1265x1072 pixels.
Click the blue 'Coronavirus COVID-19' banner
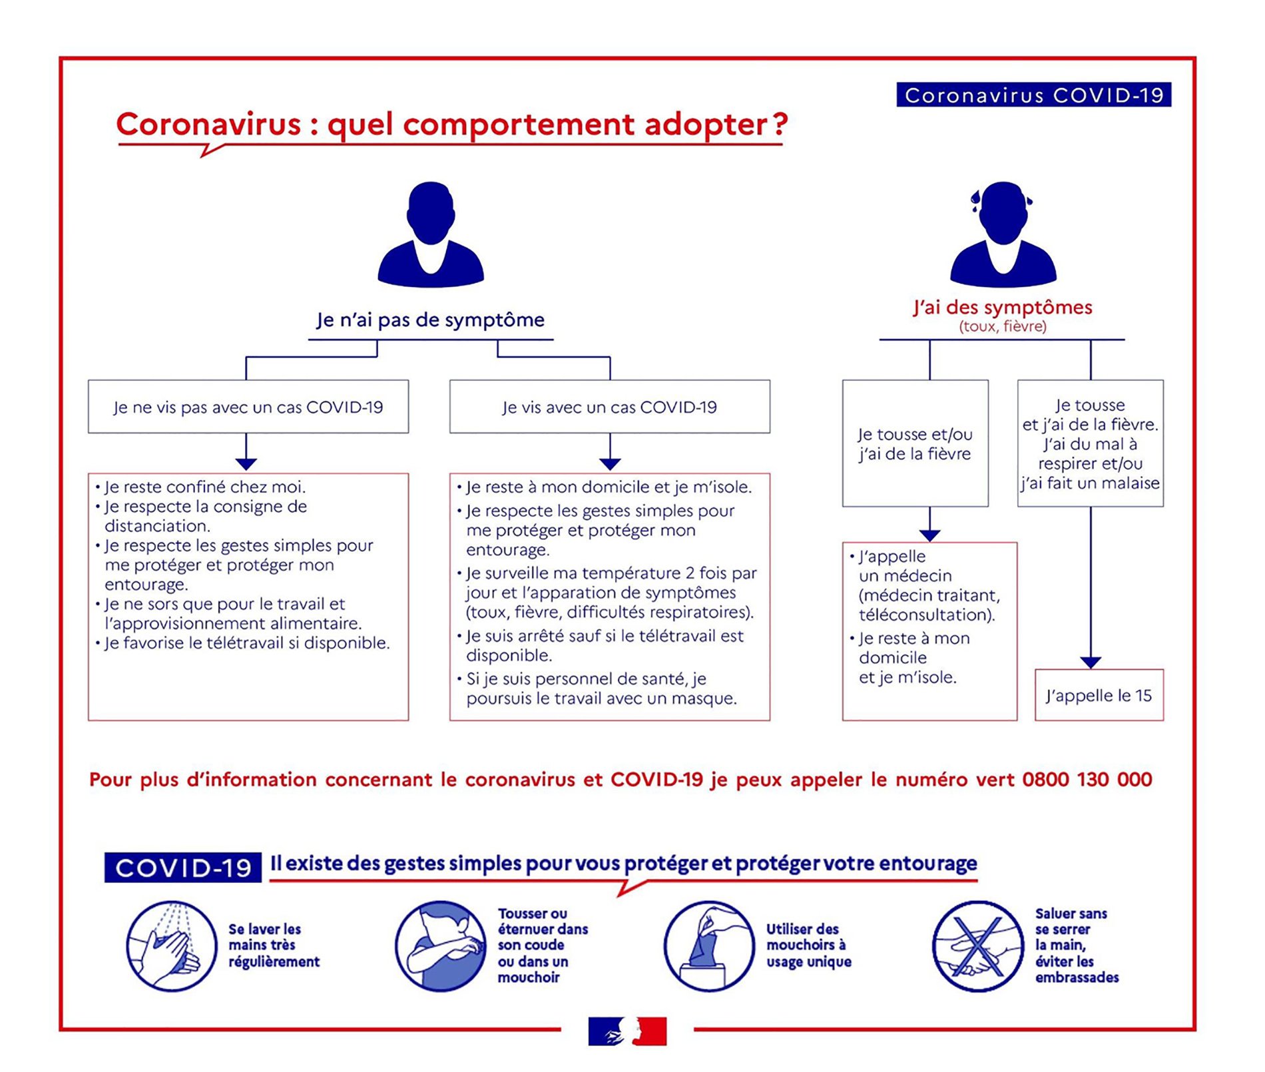(1033, 95)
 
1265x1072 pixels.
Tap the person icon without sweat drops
(431, 234)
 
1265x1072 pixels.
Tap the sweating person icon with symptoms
(1003, 234)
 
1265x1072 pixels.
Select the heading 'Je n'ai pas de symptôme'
(430, 320)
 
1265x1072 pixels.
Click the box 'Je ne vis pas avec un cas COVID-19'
(248, 407)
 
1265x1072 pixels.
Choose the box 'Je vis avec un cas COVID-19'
(610, 407)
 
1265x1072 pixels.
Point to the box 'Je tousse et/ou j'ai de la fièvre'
(915, 443)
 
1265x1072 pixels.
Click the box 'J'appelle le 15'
(1099, 695)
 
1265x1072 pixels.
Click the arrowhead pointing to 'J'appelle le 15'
(1091, 663)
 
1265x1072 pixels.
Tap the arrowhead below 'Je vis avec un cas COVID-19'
(610, 464)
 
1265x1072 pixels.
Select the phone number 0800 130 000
(1087, 779)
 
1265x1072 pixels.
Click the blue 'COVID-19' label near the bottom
(182, 868)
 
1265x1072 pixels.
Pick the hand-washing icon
(172, 946)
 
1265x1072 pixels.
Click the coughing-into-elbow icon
(441, 946)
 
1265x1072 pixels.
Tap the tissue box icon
(709, 946)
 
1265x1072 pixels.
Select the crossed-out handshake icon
(977, 946)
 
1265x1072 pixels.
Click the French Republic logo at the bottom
(627, 1031)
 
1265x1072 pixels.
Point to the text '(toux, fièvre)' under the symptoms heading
(1003, 326)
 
